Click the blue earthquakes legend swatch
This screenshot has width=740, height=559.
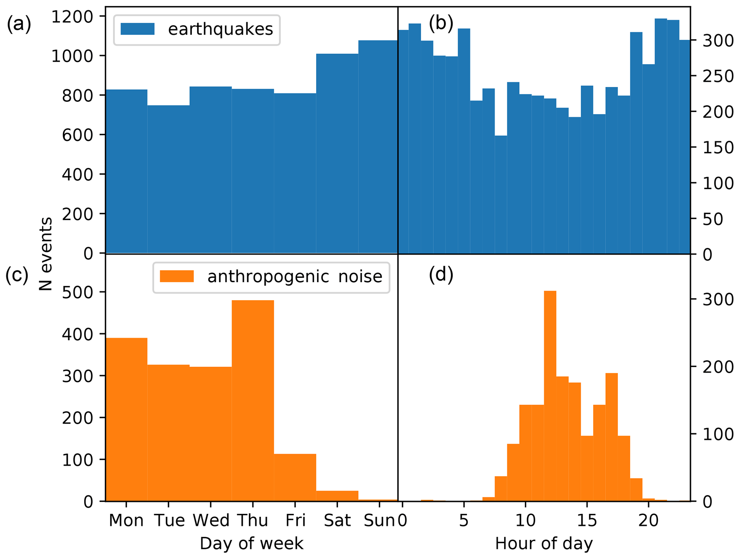pyautogui.click(x=137, y=29)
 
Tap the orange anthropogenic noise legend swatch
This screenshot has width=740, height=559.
pyautogui.click(x=177, y=276)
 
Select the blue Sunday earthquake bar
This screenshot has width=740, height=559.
pyautogui.click(x=378, y=147)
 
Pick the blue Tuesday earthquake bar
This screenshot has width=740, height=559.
pyautogui.click(x=168, y=179)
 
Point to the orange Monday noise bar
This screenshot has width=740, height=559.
pyautogui.click(x=126, y=419)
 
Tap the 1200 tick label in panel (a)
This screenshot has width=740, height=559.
pyautogui.click(x=72, y=16)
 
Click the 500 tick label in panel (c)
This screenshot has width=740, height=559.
pyautogui.click(x=77, y=292)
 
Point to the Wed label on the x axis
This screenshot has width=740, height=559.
pyautogui.click(x=211, y=521)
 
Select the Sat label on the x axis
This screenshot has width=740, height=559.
pyautogui.click(x=337, y=521)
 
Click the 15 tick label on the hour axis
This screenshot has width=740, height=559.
pyautogui.click(x=587, y=521)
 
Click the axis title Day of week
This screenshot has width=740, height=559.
pyautogui.click(x=252, y=544)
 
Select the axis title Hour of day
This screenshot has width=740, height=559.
pyautogui.click(x=544, y=544)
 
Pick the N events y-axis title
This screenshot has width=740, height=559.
pyautogui.click(x=46, y=254)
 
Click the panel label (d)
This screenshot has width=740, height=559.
pyautogui.click(x=441, y=275)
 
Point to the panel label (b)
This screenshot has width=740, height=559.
pyautogui.click(x=441, y=24)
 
